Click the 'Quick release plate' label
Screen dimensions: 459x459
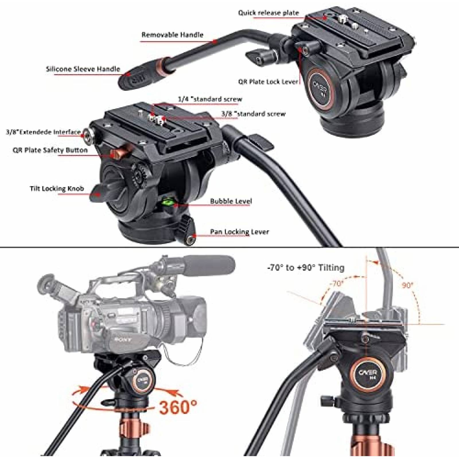pyautogui.click(x=268, y=13)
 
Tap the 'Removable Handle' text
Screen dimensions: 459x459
pyautogui.click(x=172, y=35)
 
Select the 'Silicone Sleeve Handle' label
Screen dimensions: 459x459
pyautogui.click(x=83, y=69)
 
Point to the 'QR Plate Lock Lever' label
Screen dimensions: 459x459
pyautogui.click(x=268, y=82)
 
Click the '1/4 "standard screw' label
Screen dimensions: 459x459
pyautogui.click(x=210, y=99)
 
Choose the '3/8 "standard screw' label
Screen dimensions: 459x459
pyautogui.click(x=253, y=114)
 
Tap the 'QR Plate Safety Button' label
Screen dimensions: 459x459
pyautogui.click(x=50, y=150)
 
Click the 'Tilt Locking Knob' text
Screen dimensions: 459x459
pyautogui.click(x=57, y=188)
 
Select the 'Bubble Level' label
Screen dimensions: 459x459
pyautogui.click(x=231, y=201)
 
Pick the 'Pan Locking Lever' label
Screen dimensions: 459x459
pyautogui.click(x=239, y=232)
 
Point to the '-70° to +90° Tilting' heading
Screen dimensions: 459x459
pyautogui.click(x=306, y=268)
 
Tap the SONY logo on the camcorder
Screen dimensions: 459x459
pyautogui.click(x=124, y=340)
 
